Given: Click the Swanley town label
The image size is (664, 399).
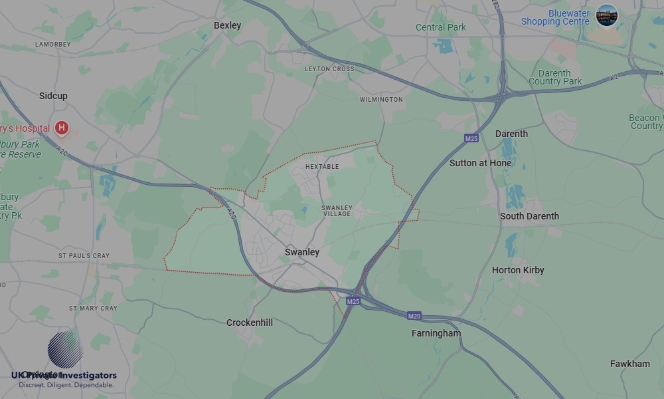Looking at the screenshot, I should [302, 252].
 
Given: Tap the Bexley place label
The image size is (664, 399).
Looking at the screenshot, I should [227, 25].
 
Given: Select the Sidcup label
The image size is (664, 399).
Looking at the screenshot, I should [53, 96].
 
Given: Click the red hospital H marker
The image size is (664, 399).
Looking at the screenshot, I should [62, 127].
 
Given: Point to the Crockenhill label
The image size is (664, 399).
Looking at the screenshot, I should [250, 323].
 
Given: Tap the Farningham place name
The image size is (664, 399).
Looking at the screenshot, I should [436, 333].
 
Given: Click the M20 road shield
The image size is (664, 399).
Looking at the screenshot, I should [414, 316].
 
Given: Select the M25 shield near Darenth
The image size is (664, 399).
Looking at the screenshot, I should [471, 138].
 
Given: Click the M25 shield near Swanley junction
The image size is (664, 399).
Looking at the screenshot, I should [353, 301].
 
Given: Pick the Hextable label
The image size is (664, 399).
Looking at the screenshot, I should [322, 167].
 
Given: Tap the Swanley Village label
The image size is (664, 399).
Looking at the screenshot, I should [337, 211].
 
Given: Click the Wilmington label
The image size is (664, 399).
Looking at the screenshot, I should [381, 100].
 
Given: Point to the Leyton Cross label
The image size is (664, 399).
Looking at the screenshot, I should [329, 69].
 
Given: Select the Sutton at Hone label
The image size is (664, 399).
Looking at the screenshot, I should [480, 163].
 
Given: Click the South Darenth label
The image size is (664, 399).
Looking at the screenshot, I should [529, 216].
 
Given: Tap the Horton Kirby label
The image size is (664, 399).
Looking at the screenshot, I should [518, 270].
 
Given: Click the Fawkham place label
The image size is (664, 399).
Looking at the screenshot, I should [630, 364].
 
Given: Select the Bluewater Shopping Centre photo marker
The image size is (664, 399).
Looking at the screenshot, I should [607, 15].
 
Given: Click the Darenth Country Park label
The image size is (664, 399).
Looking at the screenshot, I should [555, 77].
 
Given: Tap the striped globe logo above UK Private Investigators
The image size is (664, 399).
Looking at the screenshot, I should [65, 349].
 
